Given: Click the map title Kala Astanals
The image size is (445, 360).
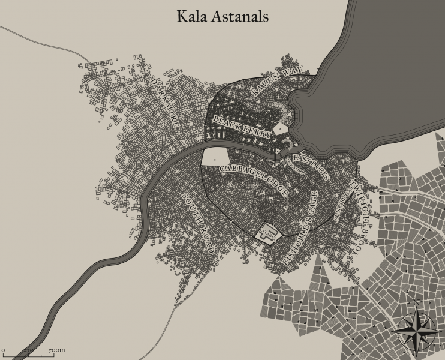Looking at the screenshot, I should point(222,16).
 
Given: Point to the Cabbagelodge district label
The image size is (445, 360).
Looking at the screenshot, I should point(254,179).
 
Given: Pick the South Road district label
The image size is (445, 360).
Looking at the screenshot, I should point(199,222).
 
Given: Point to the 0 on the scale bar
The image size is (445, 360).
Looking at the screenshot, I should point(3,349).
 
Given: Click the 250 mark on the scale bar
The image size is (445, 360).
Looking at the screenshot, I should point(27,349).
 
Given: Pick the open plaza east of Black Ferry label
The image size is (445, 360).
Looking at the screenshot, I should point(281,128).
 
